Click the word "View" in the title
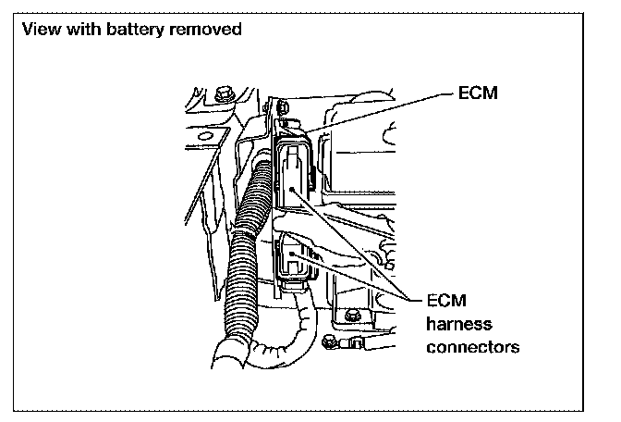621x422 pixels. pos(37,29)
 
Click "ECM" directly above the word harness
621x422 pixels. pos(446,302)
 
